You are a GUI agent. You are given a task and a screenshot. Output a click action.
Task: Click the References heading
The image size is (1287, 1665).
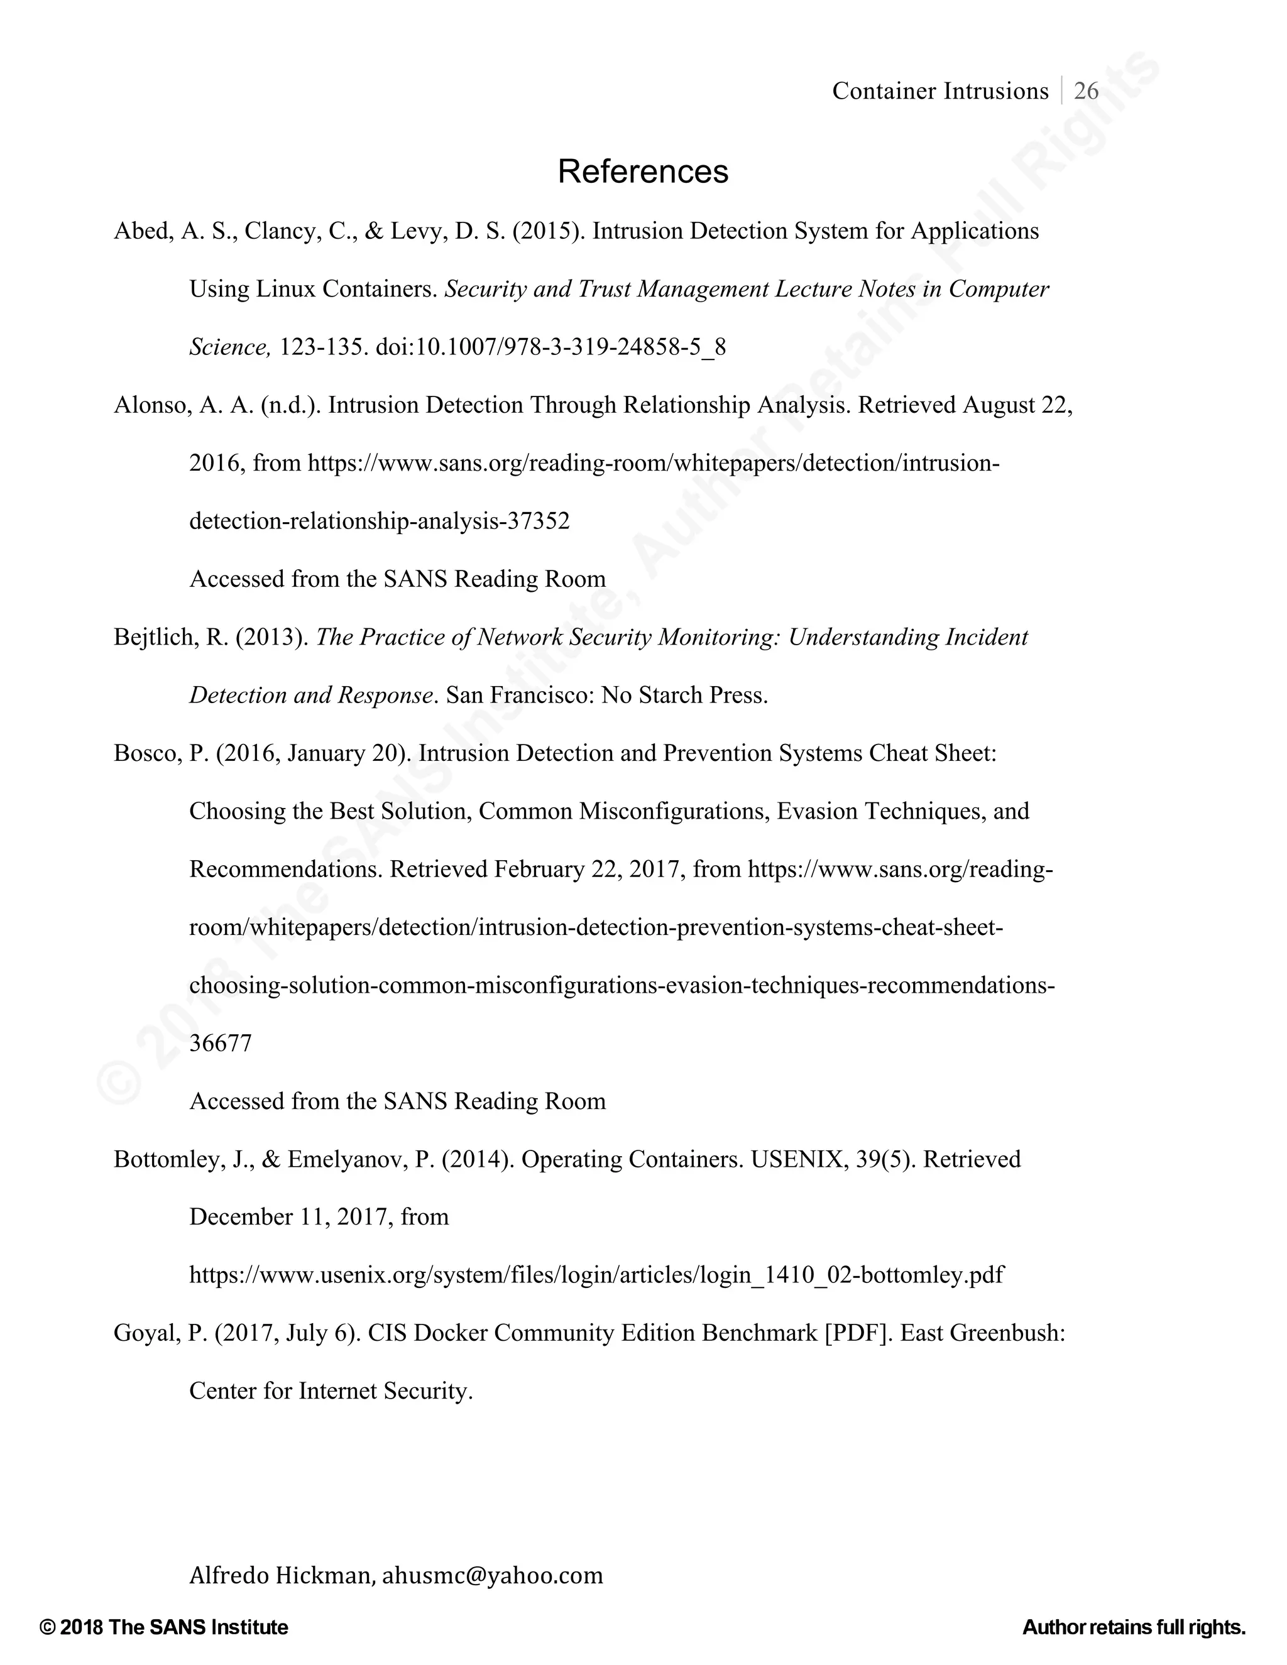click(643, 172)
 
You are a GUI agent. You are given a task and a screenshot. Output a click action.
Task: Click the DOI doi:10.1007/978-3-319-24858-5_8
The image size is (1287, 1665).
click(550, 347)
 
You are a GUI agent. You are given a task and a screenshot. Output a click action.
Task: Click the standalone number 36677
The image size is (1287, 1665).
click(221, 1043)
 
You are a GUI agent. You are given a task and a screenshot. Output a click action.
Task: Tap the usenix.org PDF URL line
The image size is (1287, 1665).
click(596, 1275)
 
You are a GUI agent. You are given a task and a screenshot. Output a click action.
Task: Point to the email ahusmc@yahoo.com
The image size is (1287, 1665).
click(493, 1575)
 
